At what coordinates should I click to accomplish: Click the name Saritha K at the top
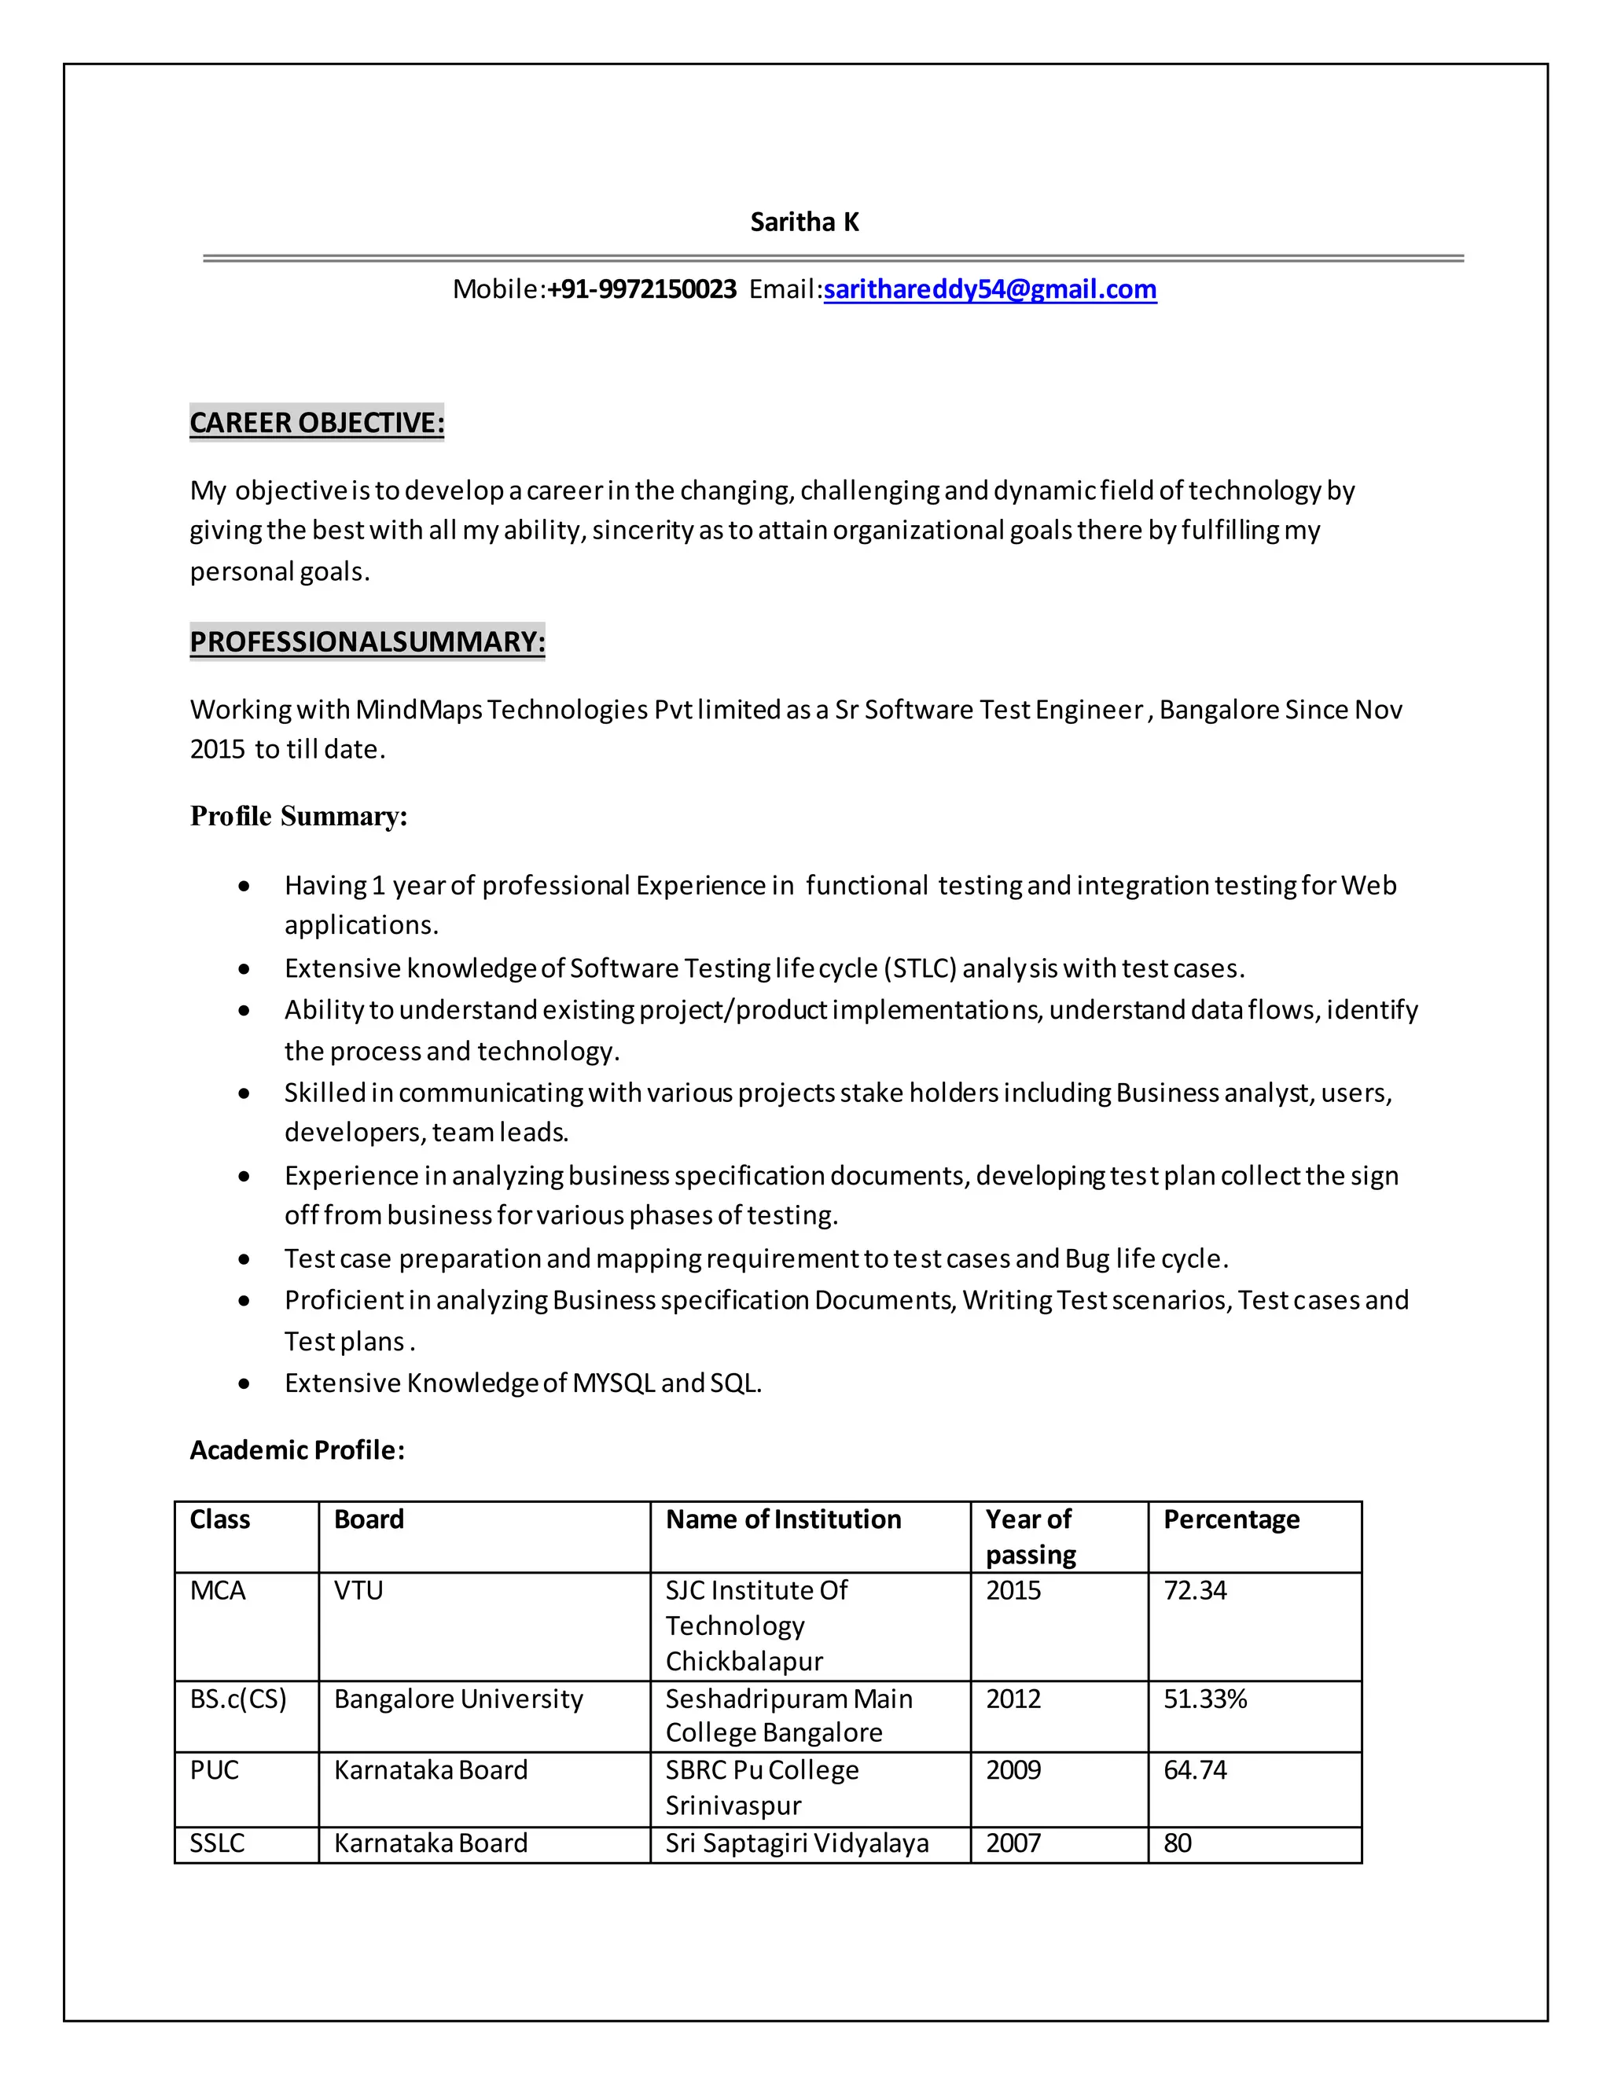tap(804, 222)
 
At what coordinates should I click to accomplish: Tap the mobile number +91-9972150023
tap(642, 289)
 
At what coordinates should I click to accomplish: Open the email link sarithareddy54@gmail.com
tap(990, 289)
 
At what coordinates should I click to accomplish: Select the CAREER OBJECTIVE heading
tap(317, 423)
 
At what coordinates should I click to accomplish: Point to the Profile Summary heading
tap(299, 817)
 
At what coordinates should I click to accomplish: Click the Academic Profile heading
tap(296, 1451)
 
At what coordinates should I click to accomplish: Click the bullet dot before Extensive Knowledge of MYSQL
tap(245, 1384)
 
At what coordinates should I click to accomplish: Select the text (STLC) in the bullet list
tap(921, 969)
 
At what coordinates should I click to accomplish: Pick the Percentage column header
tap(1230, 1519)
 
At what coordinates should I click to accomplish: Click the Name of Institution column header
tap(782, 1519)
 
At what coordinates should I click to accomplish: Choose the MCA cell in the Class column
tap(218, 1591)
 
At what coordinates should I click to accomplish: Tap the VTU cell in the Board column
tap(358, 1591)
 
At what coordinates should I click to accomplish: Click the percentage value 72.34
tap(1194, 1591)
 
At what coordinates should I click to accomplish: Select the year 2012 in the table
tap(1013, 1699)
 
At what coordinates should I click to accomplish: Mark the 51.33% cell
tap(1204, 1699)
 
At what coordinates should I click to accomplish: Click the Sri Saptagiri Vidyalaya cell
tap(796, 1842)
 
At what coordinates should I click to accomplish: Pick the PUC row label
tap(214, 1770)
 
